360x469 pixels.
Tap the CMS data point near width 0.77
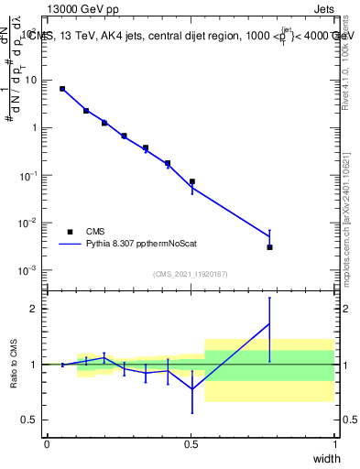pos(269,247)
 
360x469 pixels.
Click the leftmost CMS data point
pos(62,89)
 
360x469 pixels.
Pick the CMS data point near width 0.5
pos(191,181)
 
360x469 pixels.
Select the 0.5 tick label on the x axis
pos(191,444)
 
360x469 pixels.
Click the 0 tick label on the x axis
pos(48,444)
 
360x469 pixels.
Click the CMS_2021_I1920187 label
pos(191,275)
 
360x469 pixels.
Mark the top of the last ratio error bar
pos(269,298)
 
